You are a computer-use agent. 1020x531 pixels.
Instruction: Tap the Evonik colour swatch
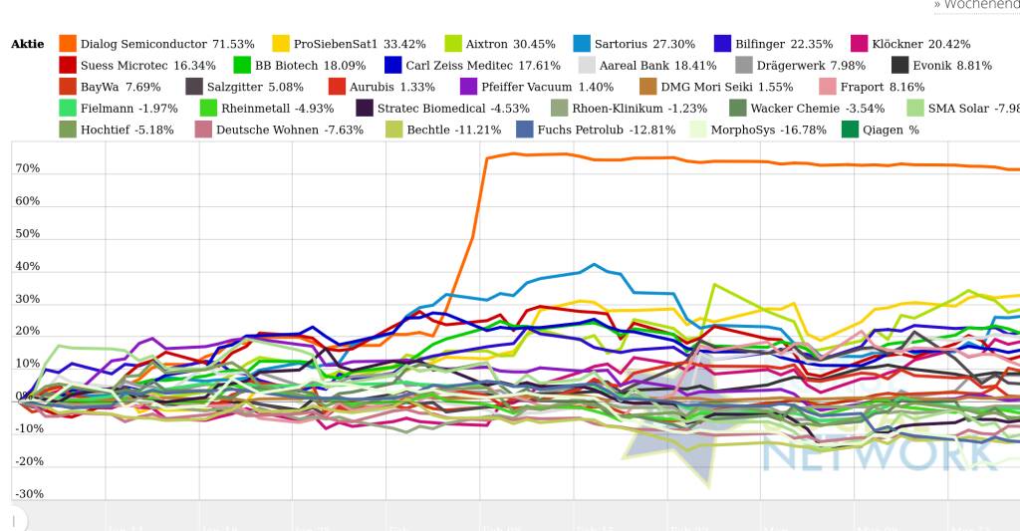point(899,66)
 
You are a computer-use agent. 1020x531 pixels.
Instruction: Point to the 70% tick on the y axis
point(28,168)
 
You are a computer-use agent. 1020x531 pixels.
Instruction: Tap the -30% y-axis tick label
point(28,494)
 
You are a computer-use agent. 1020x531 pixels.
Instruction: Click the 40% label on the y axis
point(28,266)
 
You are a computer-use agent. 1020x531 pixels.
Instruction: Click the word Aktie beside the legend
point(27,45)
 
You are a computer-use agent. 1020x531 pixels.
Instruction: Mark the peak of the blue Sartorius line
point(594,264)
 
